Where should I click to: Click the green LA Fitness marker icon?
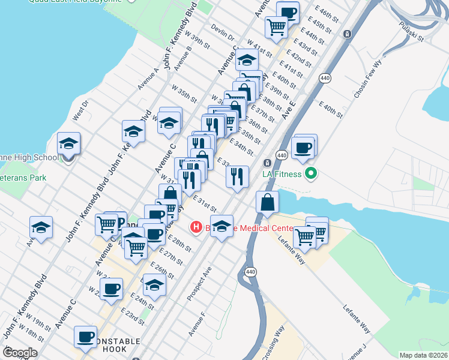(x=310, y=175)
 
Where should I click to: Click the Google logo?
(x=20, y=352)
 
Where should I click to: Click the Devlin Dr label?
(x=223, y=33)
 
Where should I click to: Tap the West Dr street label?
(x=80, y=111)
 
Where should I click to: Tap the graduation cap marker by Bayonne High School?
(x=68, y=144)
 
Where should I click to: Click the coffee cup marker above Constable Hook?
(x=85, y=337)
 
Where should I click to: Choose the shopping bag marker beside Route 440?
(x=267, y=203)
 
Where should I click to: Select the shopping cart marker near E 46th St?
(x=276, y=26)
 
